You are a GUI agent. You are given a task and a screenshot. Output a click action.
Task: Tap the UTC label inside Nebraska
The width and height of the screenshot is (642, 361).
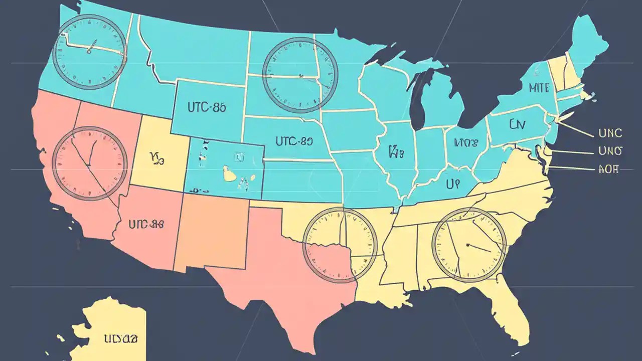tap(294, 141)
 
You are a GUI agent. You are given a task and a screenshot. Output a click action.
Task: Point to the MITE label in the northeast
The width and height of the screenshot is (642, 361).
tap(539, 88)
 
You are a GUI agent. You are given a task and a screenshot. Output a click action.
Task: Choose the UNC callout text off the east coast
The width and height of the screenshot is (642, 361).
tap(610, 133)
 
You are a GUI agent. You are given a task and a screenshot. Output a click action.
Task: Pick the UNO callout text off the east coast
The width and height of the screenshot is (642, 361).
tap(610, 150)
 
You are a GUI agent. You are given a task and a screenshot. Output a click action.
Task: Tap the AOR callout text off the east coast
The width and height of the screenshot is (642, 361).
tap(608, 169)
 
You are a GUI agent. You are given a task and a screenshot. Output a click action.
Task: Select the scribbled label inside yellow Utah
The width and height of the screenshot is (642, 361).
tap(157, 158)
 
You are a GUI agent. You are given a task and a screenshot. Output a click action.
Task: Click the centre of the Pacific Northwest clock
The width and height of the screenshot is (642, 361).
tap(89, 52)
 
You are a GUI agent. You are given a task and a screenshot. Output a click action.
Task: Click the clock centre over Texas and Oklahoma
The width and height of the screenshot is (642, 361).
tap(340, 245)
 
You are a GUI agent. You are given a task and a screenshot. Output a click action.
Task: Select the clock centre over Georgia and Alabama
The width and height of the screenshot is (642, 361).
tap(468, 245)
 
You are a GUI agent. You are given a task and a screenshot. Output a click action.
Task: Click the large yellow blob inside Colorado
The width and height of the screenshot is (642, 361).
tap(230, 174)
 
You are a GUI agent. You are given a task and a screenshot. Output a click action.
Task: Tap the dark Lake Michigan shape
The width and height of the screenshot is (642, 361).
tap(417, 100)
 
